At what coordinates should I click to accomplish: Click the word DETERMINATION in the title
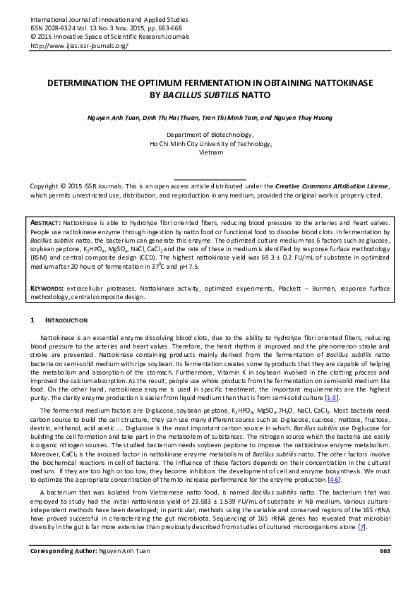point(90,82)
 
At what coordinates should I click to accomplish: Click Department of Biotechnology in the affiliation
point(210,133)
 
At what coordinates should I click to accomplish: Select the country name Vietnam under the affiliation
point(210,152)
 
